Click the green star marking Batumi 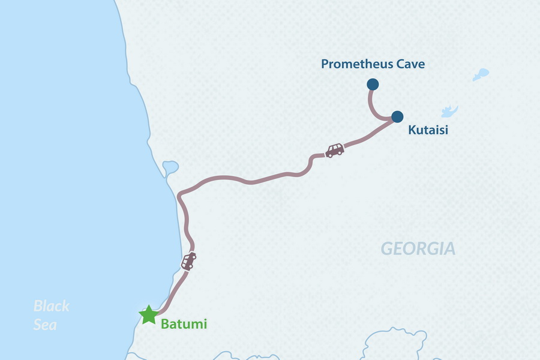(x=148, y=314)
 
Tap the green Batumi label (x=184, y=324)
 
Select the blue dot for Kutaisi (x=397, y=116)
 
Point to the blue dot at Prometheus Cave (x=372, y=84)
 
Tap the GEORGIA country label (x=418, y=248)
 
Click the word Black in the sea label (x=51, y=306)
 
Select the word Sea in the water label (x=46, y=325)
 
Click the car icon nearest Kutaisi (x=334, y=150)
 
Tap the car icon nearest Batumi (x=188, y=261)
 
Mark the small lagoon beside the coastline (x=169, y=166)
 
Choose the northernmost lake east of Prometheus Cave (x=481, y=74)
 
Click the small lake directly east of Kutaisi (x=449, y=112)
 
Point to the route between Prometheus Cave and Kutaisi (x=373, y=109)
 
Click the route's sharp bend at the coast (x=180, y=196)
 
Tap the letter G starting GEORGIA (x=387, y=248)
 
